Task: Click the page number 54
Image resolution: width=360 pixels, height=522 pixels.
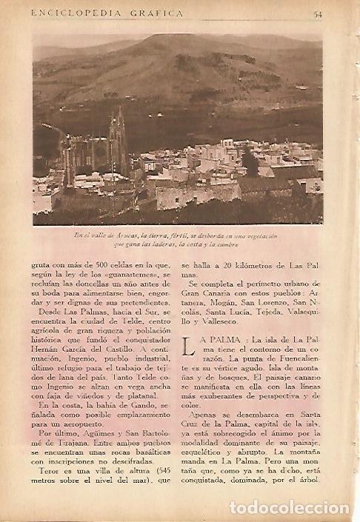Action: click(317, 13)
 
